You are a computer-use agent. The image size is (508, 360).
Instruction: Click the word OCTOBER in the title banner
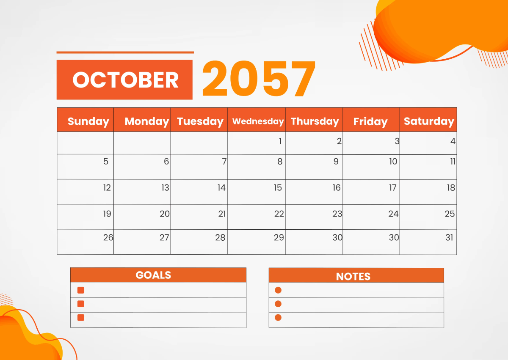[125, 80]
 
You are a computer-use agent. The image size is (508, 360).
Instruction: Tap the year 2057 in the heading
[259, 79]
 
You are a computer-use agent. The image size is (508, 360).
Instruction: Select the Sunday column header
[88, 121]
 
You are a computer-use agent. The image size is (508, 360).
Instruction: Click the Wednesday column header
[258, 121]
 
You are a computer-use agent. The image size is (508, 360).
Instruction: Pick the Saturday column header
[429, 121]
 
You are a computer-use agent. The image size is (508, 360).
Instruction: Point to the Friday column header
[370, 122]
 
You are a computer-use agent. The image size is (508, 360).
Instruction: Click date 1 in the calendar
[280, 141]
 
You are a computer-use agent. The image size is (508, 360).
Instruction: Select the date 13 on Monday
[165, 187]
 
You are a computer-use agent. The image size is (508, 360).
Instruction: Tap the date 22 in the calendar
[279, 214]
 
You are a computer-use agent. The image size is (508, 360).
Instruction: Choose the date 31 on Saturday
[449, 237]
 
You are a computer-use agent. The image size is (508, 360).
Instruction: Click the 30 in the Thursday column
[337, 237]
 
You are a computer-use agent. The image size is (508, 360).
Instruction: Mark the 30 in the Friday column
[394, 237]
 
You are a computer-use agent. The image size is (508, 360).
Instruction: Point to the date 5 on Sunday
[106, 161]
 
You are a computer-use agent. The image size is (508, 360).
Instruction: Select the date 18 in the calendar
[451, 187]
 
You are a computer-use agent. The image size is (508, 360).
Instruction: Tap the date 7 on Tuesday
[224, 161]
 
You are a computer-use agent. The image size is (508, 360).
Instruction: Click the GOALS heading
[153, 275]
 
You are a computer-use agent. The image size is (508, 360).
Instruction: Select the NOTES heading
[353, 276]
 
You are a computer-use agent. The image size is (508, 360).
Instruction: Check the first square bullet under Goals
[81, 290]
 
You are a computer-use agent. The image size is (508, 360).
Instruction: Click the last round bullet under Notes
[278, 317]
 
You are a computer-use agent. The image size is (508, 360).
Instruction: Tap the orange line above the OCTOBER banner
[125, 52]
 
